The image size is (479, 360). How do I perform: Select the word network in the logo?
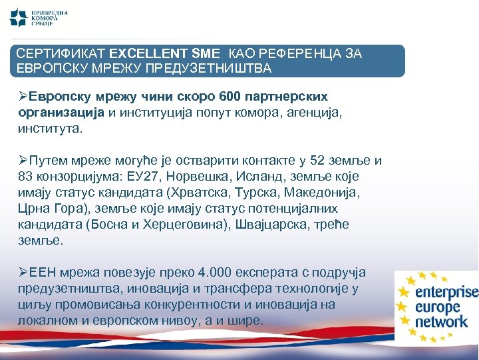[x=442, y=322]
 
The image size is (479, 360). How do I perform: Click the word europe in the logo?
[x=438, y=307]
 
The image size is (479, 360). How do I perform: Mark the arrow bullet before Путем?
[x=23, y=161]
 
